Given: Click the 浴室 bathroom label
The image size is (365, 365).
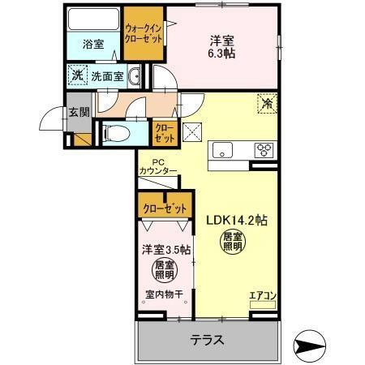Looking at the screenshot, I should tap(93, 45).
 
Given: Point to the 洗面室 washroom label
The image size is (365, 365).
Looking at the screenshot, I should tap(106, 76).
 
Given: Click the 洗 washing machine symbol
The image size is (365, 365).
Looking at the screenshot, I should tap(77, 75).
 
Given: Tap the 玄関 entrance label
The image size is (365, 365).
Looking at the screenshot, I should tap(77, 114).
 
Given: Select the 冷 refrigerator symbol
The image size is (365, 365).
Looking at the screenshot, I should tap(266, 104).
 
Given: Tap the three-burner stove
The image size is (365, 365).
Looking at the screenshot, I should tap(264, 149).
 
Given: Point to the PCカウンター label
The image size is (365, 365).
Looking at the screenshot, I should tap(158, 166).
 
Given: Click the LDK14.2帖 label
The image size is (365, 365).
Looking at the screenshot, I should tap(237, 219).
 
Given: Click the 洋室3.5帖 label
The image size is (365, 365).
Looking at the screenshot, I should tap(165, 250).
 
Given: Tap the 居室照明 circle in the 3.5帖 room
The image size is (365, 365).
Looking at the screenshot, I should tap(165, 269).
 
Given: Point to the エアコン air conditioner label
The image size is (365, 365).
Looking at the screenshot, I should tap(263, 295).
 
